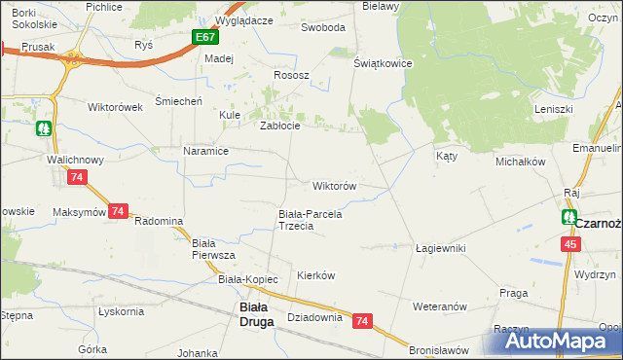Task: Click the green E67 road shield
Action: point(204,37)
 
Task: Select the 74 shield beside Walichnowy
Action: point(78,177)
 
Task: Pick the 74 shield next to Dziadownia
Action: point(363,320)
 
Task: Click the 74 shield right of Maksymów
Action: point(118,211)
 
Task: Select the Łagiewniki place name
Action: point(440,248)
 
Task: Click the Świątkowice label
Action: point(384,63)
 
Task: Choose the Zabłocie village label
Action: point(278,126)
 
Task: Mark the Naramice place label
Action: point(205,151)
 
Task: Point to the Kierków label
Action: point(315,275)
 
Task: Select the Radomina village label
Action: point(159,221)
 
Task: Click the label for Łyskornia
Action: point(121,311)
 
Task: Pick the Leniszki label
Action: point(553,109)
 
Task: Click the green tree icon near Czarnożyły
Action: point(568,217)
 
